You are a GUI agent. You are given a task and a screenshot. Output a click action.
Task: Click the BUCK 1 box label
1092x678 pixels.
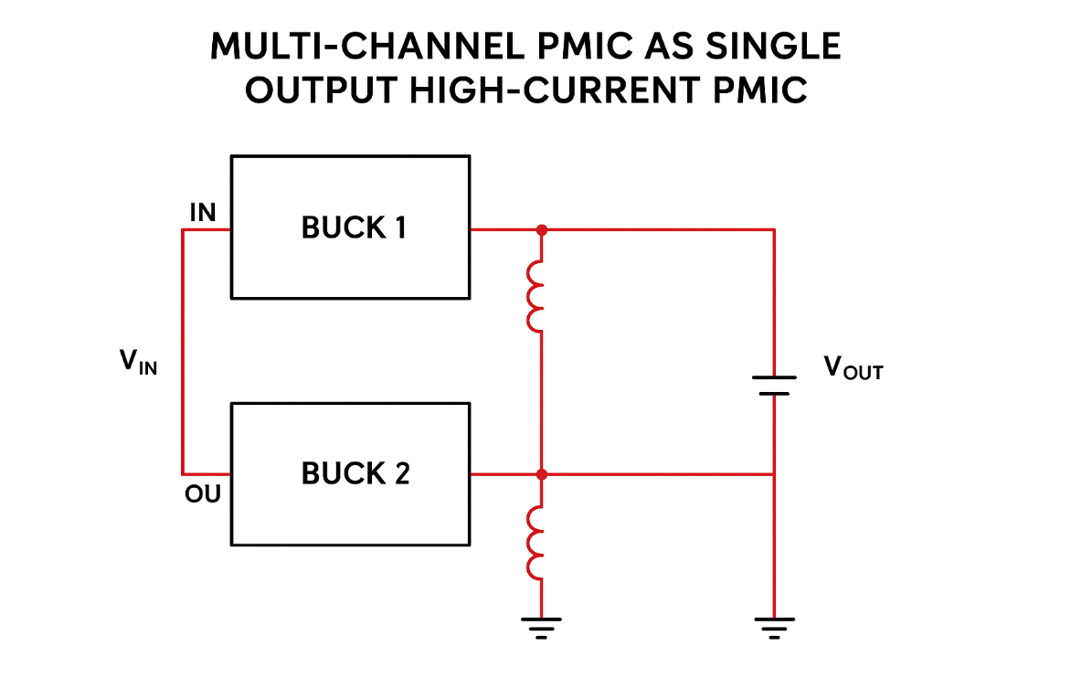point(354,228)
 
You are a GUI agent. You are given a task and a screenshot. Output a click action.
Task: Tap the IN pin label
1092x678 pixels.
point(202,213)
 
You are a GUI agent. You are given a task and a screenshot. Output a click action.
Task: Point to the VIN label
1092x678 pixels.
point(138,363)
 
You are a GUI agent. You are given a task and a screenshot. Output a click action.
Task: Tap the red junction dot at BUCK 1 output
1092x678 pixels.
point(542,229)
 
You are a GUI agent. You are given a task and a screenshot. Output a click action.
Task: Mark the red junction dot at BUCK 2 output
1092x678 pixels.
point(542,474)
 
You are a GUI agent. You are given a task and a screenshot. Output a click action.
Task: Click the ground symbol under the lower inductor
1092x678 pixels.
point(541,627)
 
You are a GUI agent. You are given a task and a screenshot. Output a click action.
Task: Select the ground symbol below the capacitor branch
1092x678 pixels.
point(774,627)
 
